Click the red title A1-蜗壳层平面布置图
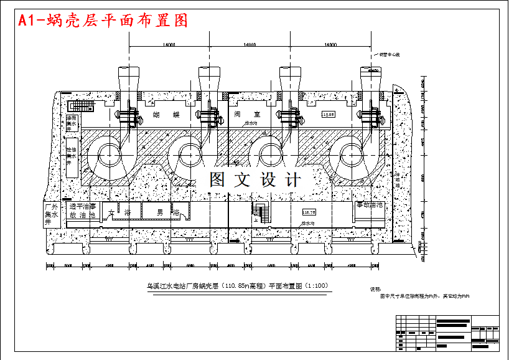(103, 21)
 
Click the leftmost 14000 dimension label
(169, 45)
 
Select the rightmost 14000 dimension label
(329, 45)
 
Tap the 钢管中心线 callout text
(389, 55)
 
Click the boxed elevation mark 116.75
(309, 212)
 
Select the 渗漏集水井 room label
(72, 123)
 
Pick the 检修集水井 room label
(72, 156)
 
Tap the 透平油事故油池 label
(83, 211)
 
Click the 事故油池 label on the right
(369, 205)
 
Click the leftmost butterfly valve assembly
(128, 115)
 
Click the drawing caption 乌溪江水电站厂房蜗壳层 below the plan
(236, 287)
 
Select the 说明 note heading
(376, 289)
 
